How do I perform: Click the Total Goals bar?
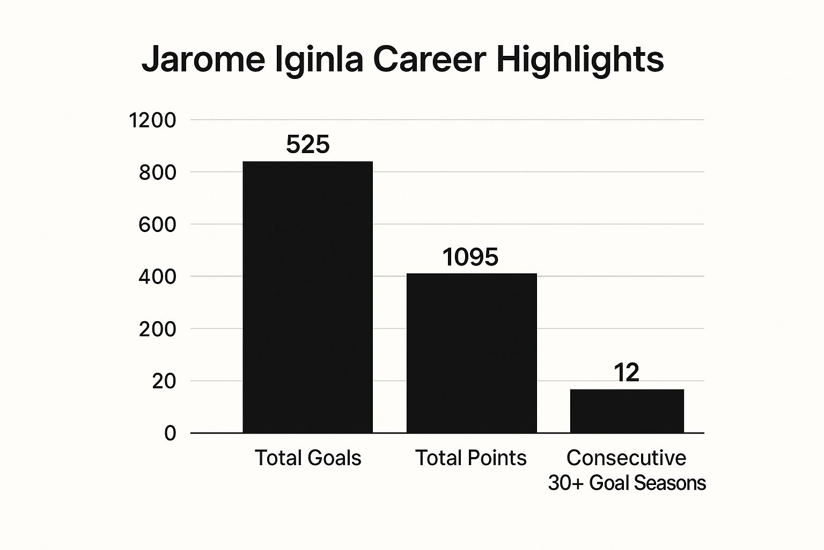307,296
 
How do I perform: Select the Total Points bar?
471,353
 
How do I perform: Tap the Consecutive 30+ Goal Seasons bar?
627,410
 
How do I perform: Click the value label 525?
307,144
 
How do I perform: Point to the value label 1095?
470,257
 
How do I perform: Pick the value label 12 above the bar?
626,373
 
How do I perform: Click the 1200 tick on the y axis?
152,120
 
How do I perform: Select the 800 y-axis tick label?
157,172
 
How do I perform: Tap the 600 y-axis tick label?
157,225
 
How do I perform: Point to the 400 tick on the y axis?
157,277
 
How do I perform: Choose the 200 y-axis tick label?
157,329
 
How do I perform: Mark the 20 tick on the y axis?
164,381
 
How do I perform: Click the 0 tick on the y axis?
170,433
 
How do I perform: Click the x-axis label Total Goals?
307,458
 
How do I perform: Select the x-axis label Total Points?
471,458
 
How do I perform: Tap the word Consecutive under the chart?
626,458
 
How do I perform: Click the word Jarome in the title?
203,60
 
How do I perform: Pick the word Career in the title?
429,60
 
